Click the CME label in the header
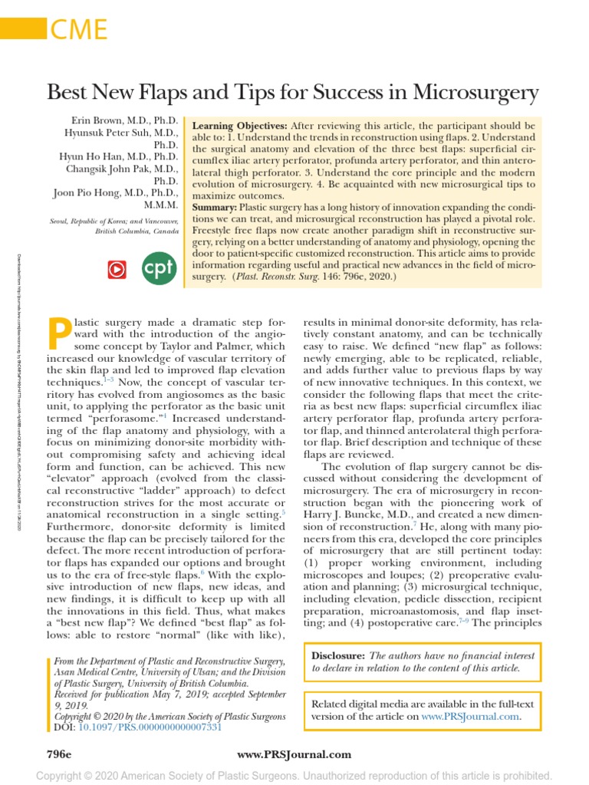click(78, 30)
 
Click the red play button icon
click(116, 269)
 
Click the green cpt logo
click(160, 268)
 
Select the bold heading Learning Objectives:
click(239, 125)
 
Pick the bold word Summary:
click(214, 208)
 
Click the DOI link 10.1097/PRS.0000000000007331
click(150, 727)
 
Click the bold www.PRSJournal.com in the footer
click(294, 754)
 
